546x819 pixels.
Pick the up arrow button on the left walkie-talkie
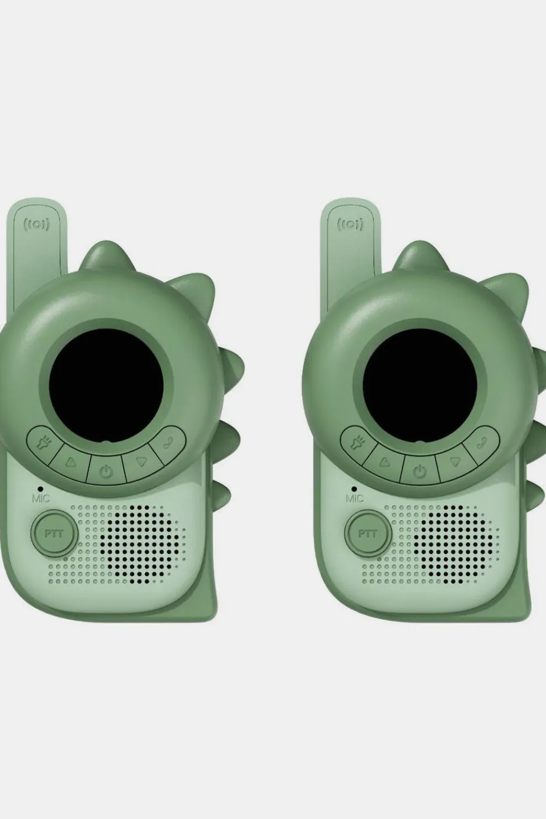(x=70, y=462)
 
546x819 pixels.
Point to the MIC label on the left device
(x=41, y=498)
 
